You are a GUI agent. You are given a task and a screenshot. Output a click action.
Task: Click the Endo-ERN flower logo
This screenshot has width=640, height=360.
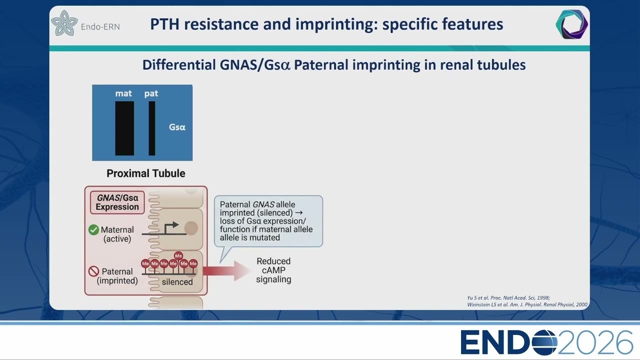(64, 23)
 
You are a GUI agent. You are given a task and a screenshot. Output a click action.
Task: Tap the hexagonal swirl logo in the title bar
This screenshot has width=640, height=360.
(571, 24)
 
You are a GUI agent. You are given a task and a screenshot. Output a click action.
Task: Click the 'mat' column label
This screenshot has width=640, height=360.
(123, 93)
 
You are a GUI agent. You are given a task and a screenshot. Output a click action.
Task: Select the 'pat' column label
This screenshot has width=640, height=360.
(151, 93)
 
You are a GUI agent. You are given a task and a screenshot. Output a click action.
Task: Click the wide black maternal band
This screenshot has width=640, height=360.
(124, 128)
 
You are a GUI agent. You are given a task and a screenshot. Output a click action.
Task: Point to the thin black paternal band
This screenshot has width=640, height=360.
(152, 128)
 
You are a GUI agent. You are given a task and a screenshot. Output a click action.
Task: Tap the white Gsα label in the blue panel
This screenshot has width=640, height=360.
(177, 127)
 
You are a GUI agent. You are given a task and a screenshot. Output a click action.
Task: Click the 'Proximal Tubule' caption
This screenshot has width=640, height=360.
(145, 173)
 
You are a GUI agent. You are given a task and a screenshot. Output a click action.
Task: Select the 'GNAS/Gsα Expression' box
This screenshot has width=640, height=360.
(117, 202)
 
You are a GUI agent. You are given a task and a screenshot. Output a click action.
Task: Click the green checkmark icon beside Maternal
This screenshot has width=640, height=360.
(93, 229)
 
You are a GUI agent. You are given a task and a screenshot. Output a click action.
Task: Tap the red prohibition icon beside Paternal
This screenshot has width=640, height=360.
(93, 271)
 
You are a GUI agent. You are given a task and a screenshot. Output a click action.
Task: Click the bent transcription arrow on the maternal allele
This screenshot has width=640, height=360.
(171, 228)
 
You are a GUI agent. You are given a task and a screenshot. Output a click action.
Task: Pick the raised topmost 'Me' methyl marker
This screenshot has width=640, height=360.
(178, 255)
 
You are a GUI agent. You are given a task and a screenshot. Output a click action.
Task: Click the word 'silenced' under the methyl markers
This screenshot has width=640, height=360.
(177, 282)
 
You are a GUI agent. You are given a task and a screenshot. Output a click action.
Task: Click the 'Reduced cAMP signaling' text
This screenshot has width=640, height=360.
(273, 270)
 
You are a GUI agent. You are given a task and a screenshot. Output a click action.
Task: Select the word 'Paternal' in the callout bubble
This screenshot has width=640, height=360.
(235, 204)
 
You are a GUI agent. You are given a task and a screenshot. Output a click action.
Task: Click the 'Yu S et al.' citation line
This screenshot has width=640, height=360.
(508, 297)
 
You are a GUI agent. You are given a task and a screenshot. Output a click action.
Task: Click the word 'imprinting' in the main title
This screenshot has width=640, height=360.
(336, 24)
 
